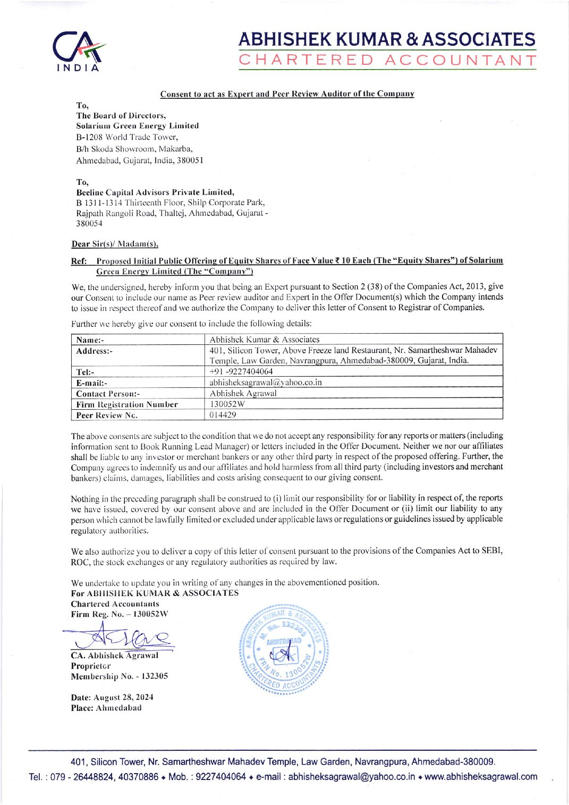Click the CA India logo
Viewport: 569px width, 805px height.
pos(81,50)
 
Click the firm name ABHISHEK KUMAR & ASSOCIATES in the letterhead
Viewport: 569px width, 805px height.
pos(387,39)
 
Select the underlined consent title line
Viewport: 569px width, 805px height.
pos(287,94)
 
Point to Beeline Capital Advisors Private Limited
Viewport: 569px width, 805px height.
pos(155,192)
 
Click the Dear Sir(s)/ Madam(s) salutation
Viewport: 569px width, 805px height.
pos(115,244)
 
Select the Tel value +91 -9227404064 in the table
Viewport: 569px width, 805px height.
pos(241,371)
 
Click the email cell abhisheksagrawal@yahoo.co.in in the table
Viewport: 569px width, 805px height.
pos(266,382)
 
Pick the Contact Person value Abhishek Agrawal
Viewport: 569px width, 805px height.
pos(243,393)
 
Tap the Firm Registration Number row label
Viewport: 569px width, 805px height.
pos(127,404)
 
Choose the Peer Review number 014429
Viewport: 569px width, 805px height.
pos(223,414)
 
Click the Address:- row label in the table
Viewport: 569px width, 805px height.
pos(95,351)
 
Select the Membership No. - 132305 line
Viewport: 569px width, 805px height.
pos(120,676)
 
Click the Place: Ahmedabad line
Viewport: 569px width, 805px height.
pos(106,708)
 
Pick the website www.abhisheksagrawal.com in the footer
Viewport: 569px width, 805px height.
pos(481,776)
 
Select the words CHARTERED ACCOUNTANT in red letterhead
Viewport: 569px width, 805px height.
pos(387,60)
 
